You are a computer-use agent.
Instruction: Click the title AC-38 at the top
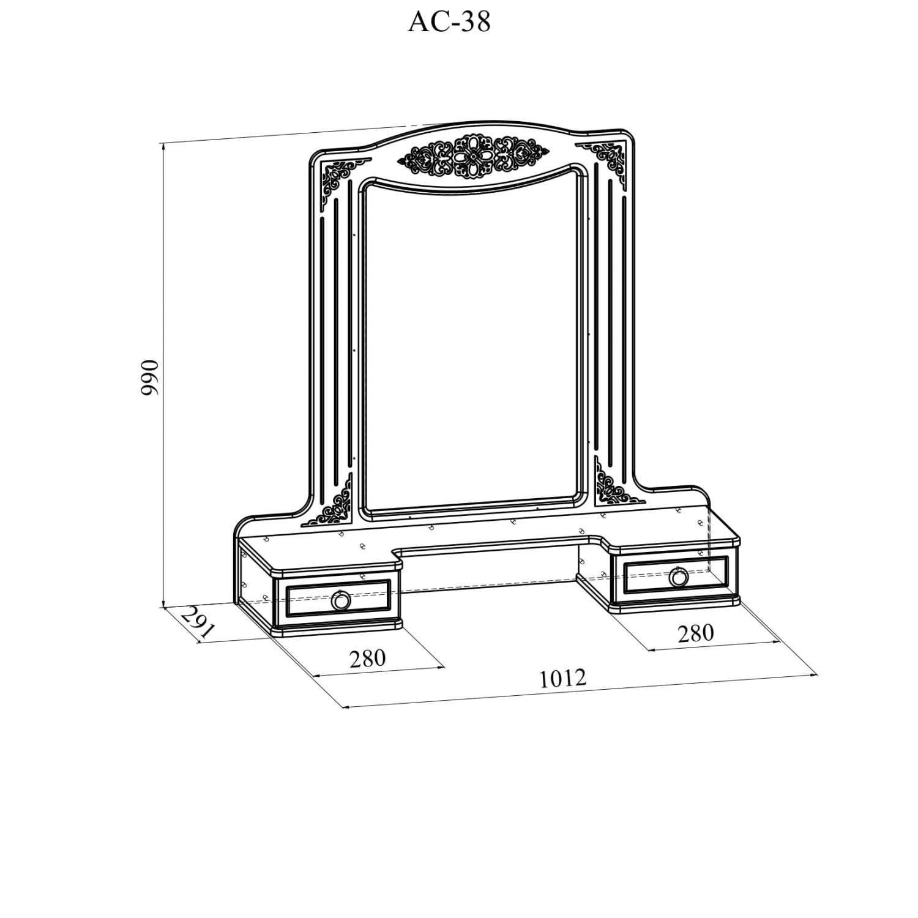449,23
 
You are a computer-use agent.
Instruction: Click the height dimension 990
149,377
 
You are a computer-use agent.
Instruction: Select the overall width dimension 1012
562,678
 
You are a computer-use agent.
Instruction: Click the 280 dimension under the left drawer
367,658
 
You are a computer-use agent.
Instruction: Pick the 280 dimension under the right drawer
695,633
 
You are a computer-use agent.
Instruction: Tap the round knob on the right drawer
678,577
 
